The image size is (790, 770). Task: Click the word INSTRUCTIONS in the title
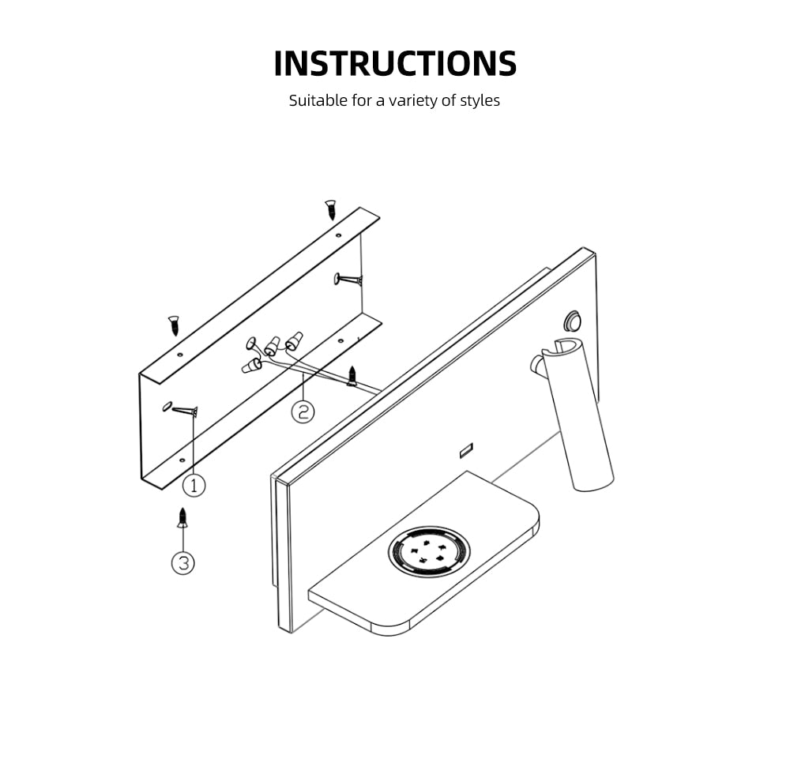tap(395, 63)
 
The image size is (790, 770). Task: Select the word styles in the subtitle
tap(480, 101)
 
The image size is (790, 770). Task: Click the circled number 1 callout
tap(194, 484)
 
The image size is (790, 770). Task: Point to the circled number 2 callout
tap(303, 411)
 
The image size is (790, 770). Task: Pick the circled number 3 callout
tap(183, 563)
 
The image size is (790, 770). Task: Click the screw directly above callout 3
tap(182, 518)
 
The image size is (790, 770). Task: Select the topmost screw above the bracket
tap(331, 209)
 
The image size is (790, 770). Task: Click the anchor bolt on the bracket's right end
tap(348, 279)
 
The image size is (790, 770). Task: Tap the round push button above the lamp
tap(573, 321)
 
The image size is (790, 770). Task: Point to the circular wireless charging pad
tap(428, 549)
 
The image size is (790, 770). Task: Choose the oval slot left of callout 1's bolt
tap(166, 406)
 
